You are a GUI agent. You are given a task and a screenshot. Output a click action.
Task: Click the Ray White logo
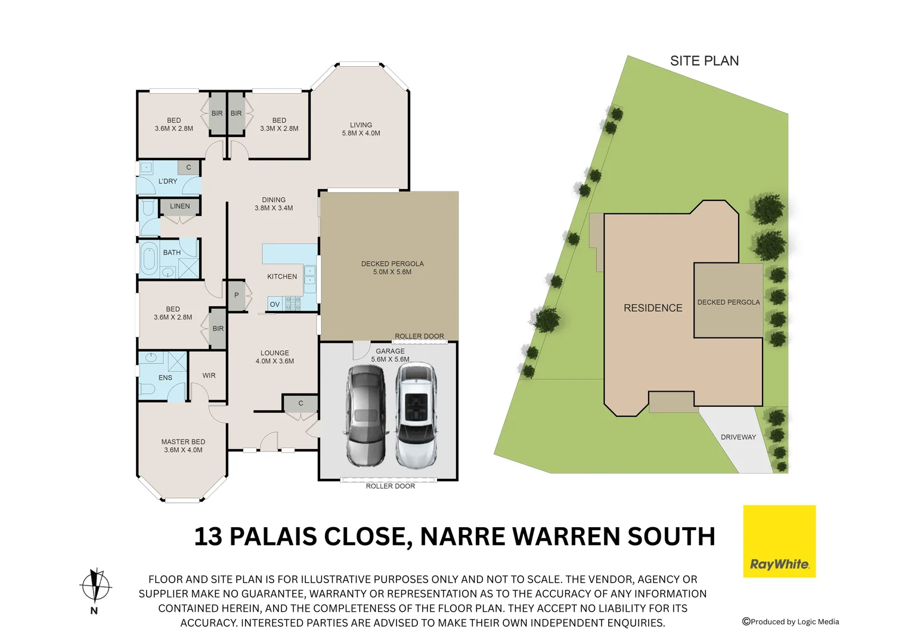pos(779,541)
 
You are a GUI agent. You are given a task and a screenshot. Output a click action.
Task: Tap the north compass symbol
pos(95,586)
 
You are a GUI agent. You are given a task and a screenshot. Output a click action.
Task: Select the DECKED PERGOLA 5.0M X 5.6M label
pos(392,268)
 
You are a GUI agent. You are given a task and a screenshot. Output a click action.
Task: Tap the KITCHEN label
pos(282,277)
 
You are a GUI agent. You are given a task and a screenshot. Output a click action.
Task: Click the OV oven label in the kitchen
pos(275,304)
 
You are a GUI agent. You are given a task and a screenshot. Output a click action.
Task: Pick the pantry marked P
pos(237,295)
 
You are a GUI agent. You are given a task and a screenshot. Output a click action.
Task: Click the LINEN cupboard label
pos(180,206)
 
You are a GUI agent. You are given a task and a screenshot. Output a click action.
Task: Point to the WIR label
pos(209,376)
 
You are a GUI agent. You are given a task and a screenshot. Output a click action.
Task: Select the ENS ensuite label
pos(165,378)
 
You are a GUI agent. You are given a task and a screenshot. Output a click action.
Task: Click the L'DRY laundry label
pos(168,181)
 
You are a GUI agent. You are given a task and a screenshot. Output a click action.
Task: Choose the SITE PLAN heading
pos(704,61)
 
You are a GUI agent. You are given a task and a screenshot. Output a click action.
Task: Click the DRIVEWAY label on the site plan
pos(738,437)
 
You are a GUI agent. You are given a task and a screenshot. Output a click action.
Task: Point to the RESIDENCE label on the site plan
pos(653,308)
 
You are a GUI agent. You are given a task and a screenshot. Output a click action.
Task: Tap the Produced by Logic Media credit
pos(791,622)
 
